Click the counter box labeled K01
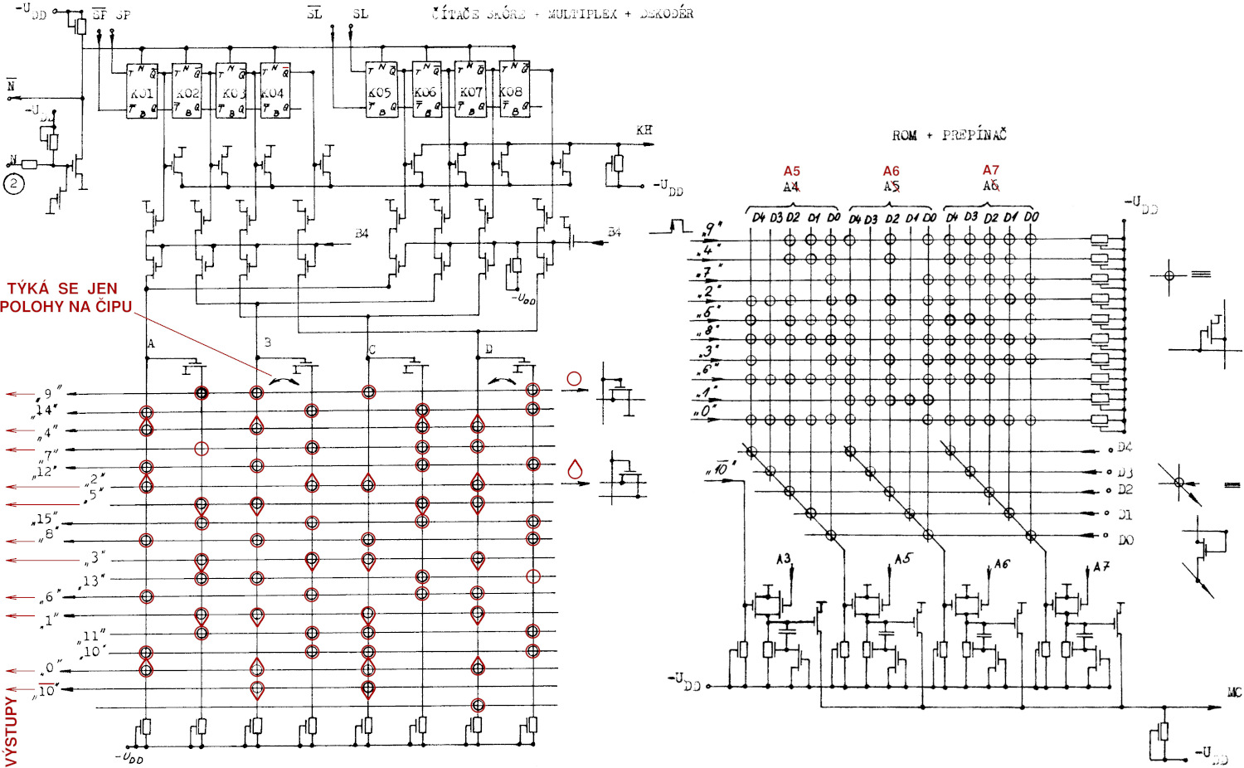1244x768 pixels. click(142, 90)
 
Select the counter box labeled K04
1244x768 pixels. click(275, 90)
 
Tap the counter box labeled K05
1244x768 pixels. click(381, 90)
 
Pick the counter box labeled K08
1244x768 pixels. click(514, 90)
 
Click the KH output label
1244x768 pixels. click(644, 130)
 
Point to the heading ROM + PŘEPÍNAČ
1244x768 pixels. click(949, 135)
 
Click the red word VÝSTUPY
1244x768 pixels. click(11, 730)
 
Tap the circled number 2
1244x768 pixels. click(14, 183)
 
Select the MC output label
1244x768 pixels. click(1234, 692)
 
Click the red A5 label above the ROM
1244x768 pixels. click(792, 171)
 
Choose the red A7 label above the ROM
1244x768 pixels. click(991, 170)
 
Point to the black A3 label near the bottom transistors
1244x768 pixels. click(783, 559)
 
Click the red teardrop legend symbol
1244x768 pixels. click(574, 469)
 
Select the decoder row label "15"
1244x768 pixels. click(45, 519)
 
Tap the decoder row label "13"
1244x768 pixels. click(94, 580)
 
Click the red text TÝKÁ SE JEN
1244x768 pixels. click(62, 289)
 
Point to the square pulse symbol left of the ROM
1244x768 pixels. click(680, 225)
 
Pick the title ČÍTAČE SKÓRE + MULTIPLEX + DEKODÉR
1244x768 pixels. click(562, 14)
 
